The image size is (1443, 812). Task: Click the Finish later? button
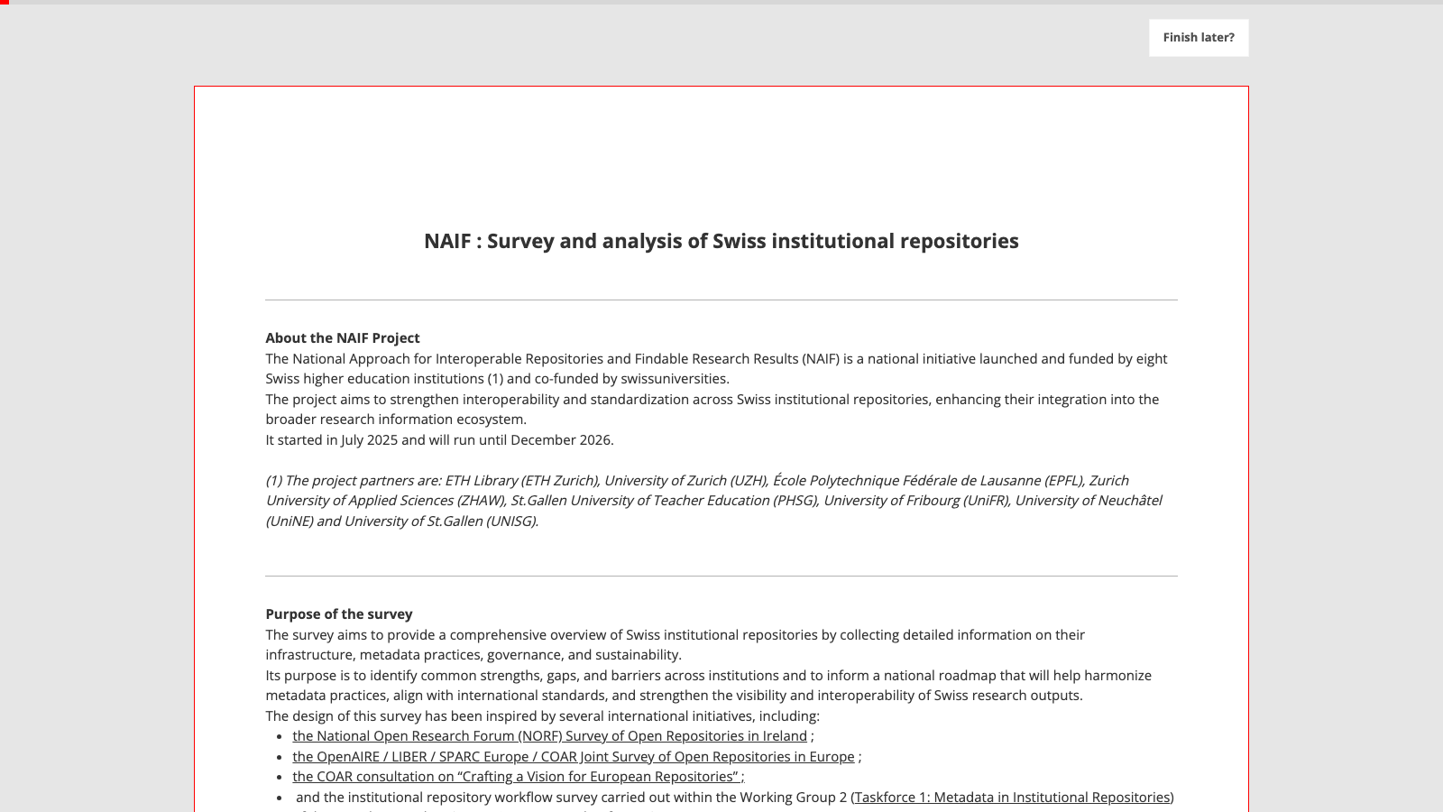coord(1199,38)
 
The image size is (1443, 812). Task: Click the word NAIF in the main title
coord(447,241)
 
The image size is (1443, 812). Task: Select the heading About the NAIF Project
coord(343,338)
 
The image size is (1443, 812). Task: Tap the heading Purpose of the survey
coord(339,614)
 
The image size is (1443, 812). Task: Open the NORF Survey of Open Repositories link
coord(549,736)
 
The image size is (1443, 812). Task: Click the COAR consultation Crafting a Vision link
coord(518,777)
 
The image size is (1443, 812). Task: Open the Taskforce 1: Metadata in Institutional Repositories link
coord(1012,798)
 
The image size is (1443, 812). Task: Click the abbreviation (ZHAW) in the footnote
coord(480,501)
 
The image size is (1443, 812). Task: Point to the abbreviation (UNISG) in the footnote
coord(511,521)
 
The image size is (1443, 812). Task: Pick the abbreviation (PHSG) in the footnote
coord(795,501)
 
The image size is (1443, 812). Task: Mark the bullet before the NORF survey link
coord(280,737)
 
